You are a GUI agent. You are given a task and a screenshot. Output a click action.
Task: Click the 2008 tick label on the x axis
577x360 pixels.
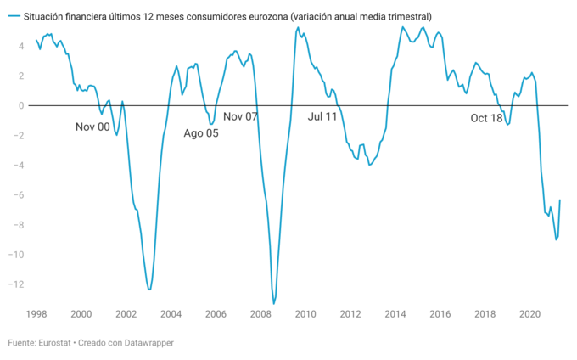tap(260, 314)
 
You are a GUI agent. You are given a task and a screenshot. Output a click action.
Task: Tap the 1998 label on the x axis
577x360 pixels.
tap(36, 314)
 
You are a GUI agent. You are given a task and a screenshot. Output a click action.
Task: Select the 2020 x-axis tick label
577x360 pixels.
tap(529, 314)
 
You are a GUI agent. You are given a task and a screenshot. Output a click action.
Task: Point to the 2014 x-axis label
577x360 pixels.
tap(395, 314)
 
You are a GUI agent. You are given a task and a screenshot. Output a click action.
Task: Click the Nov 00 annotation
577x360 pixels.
tap(92, 127)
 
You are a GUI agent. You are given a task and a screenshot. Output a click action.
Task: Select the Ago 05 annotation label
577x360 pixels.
tap(201, 133)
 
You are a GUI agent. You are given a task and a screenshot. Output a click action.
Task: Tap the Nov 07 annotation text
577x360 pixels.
tap(240, 116)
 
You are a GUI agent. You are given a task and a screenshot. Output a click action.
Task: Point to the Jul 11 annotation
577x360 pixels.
tap(322, 116)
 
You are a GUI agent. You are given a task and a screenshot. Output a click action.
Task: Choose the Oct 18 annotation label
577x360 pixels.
tap(486, 118)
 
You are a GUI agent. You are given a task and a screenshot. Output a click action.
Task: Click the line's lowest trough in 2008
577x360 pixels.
tap(274, 303)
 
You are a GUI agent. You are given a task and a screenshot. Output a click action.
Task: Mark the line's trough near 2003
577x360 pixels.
tap(149, 290)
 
